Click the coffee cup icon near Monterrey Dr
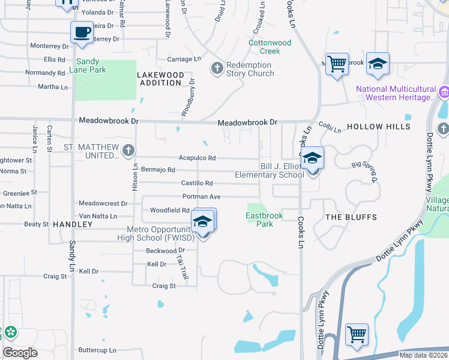coord(82,32)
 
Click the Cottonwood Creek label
coord(270,47)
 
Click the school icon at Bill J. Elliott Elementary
coord(312,159)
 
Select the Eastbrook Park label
coord(260,220)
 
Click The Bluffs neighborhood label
coord(351,217)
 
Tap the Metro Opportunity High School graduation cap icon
coord(203,222)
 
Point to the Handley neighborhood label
coord(73,224)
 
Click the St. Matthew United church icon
coord(127,151)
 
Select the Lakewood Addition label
coord(160,79)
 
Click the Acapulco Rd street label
coord(197,158)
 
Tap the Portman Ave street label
coord(202,196)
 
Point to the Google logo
coord(20,352)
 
